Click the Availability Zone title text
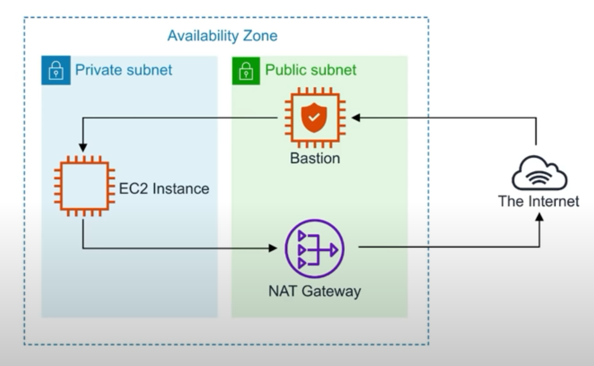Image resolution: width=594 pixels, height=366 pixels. (222, 36)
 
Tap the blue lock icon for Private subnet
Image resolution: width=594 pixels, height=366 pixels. (56, 71)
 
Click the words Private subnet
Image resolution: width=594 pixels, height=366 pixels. (123, 70)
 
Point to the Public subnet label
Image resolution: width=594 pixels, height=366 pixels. (311, 70)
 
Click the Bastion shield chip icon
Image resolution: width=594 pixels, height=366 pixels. (314, 118)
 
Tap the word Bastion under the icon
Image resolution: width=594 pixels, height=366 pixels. (314, 158)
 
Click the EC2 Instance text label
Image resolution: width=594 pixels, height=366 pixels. (163, 189)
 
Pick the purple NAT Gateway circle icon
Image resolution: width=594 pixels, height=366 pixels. (314, 248)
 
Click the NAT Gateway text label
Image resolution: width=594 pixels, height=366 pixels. (314, 291)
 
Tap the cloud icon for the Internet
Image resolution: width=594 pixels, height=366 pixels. (538, 173)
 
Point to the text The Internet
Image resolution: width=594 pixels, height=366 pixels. (538, 202)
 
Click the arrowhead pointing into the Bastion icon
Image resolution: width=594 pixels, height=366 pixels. (355, 118)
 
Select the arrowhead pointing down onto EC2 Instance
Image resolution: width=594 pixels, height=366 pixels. (83, 147)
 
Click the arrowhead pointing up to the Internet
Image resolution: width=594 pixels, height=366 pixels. (540, 218)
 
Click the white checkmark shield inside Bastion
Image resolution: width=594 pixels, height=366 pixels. (314, 118)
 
